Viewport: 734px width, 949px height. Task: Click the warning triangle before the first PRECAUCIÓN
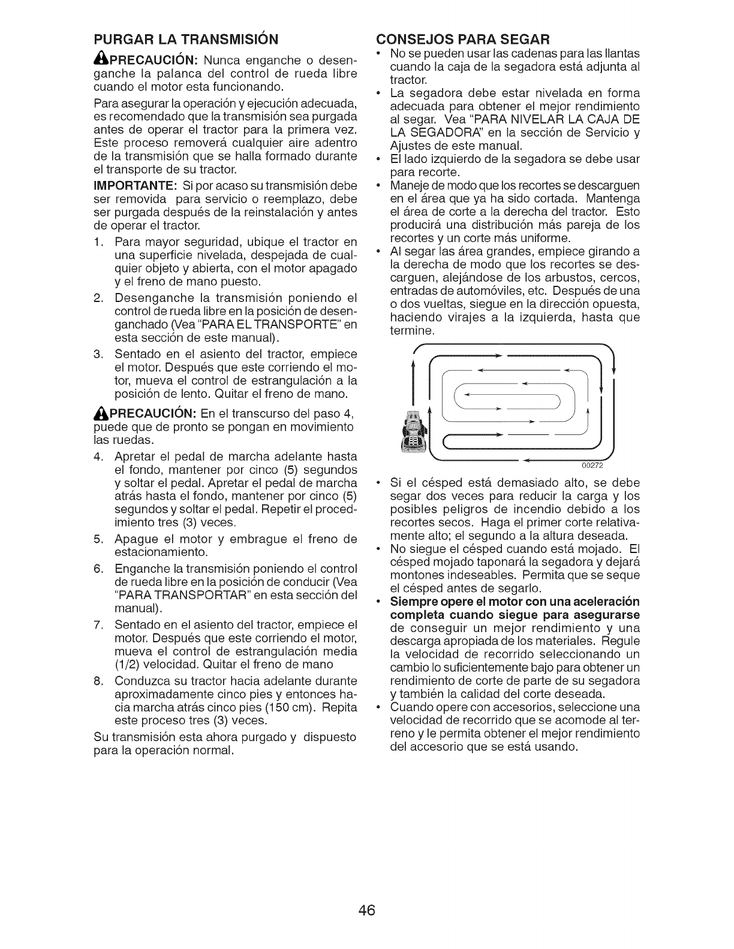101,62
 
